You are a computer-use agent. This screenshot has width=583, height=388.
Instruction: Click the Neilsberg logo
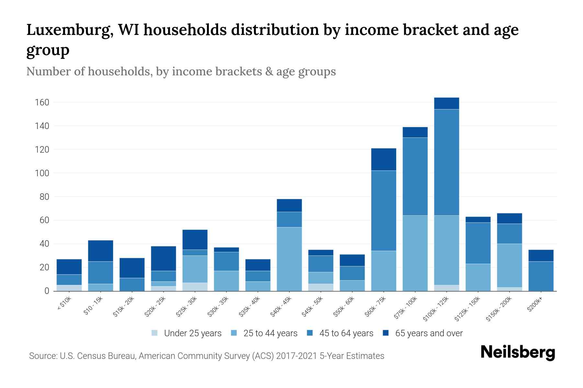[x=518, y=352]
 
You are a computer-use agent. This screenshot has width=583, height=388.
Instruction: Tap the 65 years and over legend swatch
[x=386, y=333]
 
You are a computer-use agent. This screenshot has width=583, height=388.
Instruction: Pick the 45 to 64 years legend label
[x=346, y=333]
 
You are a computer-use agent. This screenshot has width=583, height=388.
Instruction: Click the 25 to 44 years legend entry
[x=270, y=333]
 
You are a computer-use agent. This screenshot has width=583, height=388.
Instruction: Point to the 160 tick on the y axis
[x=42, y=102]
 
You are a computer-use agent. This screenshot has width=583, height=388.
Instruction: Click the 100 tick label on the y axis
[x=42, y=173]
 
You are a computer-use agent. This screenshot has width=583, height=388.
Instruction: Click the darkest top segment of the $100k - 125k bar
[x=446, y=103]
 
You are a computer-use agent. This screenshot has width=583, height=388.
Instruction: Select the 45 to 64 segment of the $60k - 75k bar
[x=383, y=210]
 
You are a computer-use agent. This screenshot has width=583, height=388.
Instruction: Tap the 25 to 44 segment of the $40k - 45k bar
[x=289, y=259]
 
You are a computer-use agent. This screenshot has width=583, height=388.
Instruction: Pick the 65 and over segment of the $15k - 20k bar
[x=132, y=268]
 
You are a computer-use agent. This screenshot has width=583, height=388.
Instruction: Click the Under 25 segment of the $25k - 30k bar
[x=195, y=287]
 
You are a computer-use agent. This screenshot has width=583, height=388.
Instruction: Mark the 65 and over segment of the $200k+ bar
[x=541, y=255]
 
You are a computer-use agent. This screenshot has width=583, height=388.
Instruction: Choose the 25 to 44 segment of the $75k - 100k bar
[x=415, y=253]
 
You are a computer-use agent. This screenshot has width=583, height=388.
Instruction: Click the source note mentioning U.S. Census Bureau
[x=206, y=356]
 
